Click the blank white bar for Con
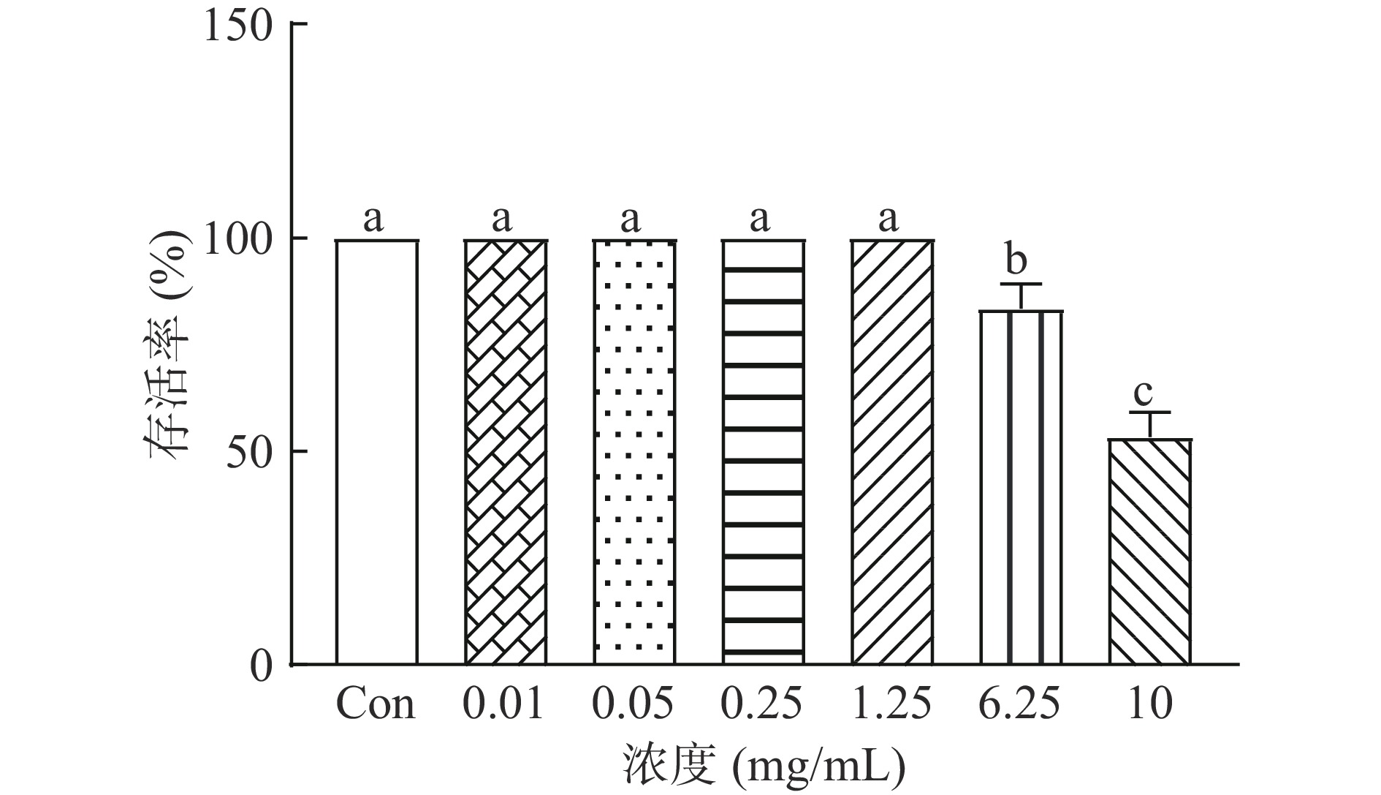click(377, 452)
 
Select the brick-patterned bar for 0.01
click(506, 452)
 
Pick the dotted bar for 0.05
click(634, 452)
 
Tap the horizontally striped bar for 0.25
click(763, 452)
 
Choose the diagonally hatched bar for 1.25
click(892, 452)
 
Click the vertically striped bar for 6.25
click(1021, 487)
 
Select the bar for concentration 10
click(1149, 551)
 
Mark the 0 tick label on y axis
click(261, 666)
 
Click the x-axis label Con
click(376, 704)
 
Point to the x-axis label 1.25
click(891, 704)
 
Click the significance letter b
click(1016, 260)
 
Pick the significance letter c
click(1144, 393)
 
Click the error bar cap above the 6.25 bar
click(1021, 284)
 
